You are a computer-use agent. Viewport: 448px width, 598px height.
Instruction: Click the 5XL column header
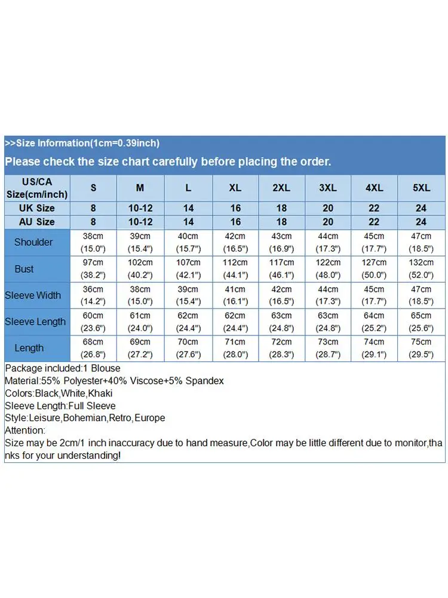422,188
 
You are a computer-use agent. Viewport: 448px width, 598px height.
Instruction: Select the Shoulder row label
33,242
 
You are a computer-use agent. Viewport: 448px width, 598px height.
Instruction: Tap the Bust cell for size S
93,269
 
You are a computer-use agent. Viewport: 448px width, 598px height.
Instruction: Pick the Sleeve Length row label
35,322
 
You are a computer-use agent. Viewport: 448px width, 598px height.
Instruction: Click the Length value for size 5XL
422,348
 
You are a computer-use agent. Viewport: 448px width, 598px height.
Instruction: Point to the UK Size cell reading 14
188,208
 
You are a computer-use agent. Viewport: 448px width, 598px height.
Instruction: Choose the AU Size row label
37,222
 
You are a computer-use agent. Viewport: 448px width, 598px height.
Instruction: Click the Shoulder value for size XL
235,242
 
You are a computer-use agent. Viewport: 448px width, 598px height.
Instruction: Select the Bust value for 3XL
328,269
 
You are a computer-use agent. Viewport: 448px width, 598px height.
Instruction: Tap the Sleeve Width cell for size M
140,295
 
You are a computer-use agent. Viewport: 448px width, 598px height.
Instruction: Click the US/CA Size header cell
37,188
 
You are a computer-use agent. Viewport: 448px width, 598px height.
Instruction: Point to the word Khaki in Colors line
100,393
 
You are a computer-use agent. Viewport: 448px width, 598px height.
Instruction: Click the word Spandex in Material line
205,380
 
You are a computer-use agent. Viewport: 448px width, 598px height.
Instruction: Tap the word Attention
24,430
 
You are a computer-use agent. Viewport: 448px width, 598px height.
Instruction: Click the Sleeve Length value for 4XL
375,322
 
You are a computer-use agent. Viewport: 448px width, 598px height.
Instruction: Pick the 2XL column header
281,188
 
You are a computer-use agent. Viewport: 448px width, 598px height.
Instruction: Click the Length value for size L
188,348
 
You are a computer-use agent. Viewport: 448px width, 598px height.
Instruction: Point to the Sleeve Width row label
33,295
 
